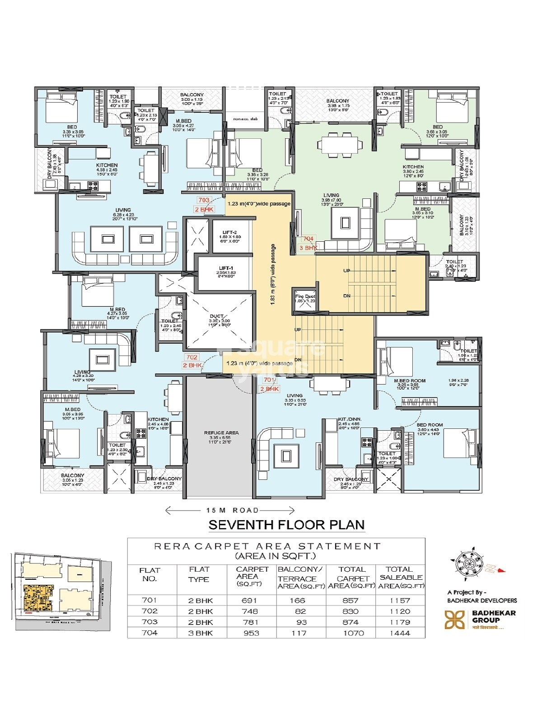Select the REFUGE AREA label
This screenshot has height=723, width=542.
[221, 432]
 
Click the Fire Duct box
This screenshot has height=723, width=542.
[304, 299]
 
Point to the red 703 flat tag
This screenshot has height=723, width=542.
[204, 200]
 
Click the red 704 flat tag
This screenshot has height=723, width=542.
[308, 238]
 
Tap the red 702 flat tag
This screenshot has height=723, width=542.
[192, 357]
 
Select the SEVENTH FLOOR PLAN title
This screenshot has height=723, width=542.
[286, 525]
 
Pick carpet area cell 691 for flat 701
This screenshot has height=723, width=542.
[249, 601]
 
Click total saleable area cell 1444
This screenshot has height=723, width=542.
[399, 633]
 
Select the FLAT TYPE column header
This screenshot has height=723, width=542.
[199, 574]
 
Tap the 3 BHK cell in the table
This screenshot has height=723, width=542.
[201, 633]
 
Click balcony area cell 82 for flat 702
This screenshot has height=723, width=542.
[301, 611]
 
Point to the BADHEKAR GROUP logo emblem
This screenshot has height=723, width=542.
[454, 620]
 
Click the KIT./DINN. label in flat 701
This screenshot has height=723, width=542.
[350, 419]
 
